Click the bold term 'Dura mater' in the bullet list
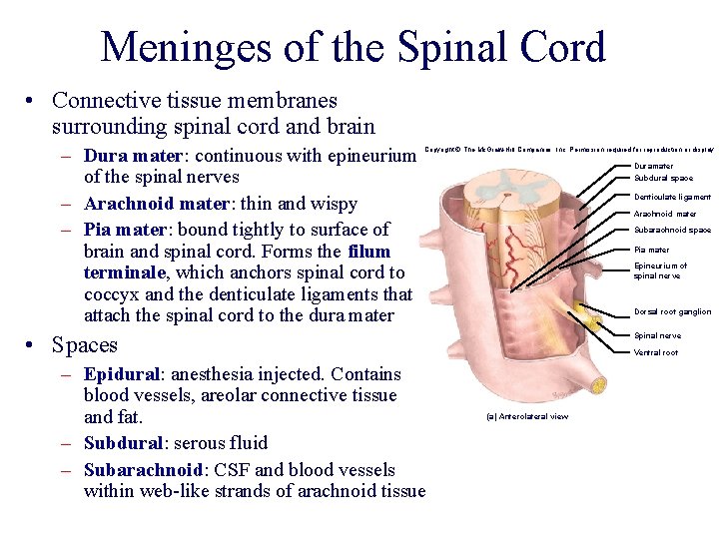click(x=133, y=156)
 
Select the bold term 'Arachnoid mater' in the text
click(x=155, y=204)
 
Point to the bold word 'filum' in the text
click(x=368, y=252)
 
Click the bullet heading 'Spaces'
click(x=85, y=345)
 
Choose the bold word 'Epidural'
click(x=123, y=374)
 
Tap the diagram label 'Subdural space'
click(x=663, y=179)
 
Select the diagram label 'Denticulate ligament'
click(x=672, y=197)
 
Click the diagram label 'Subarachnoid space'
click(x=672, y=231)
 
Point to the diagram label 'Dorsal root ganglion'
click(x=672, y=311)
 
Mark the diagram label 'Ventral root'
click(x=655, y=352)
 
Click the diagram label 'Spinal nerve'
click(x=657, y=335)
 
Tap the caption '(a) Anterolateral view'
click(x=526, y=416)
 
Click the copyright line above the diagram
click(x=569, y=150)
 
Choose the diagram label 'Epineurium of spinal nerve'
click(x=660, y=270)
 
